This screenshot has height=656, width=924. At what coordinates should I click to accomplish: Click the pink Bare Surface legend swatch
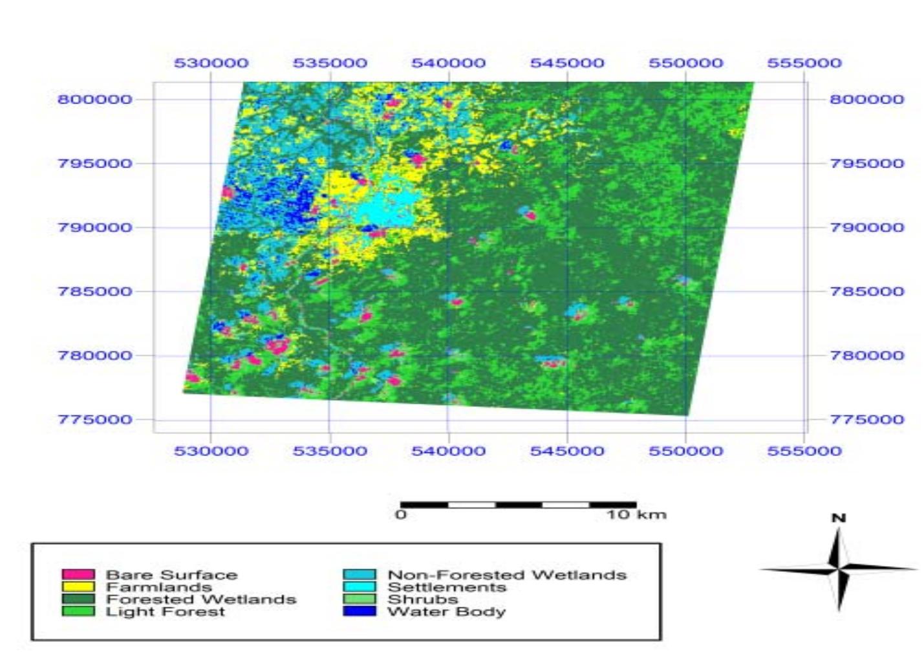[78, 574]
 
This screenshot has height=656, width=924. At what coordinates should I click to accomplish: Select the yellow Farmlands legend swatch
[78, 587]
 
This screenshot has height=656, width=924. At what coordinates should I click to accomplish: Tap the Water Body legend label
[446, 611]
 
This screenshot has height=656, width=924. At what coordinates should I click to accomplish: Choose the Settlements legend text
[447, 587]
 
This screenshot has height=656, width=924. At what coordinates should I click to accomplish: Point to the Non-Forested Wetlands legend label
[507, 574]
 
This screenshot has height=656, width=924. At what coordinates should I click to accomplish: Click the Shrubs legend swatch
[359, 599]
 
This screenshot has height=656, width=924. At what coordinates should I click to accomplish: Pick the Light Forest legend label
[166, 611]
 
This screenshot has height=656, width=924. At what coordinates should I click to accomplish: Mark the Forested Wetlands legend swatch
[78, 599]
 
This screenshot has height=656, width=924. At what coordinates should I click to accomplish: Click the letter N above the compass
[838, 518]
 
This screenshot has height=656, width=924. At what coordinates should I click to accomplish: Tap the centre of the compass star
[838, 569]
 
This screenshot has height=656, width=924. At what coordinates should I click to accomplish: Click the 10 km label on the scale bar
[636, 515]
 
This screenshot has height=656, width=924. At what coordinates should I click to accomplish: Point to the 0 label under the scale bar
[401, 515]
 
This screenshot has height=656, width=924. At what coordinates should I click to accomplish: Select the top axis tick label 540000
[448, 63]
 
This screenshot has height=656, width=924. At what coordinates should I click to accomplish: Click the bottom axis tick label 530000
[211, 450]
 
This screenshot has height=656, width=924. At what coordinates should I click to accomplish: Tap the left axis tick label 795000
[95, 163]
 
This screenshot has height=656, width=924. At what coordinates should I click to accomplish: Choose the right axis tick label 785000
[866, 291]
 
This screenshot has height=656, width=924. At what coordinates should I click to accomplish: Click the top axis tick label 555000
[804, 63]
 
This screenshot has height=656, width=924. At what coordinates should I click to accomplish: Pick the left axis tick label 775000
[95, 419]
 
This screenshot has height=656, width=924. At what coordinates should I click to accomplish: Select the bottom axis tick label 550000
[685, 450]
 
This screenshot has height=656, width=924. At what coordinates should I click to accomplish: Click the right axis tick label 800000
[866, 99]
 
